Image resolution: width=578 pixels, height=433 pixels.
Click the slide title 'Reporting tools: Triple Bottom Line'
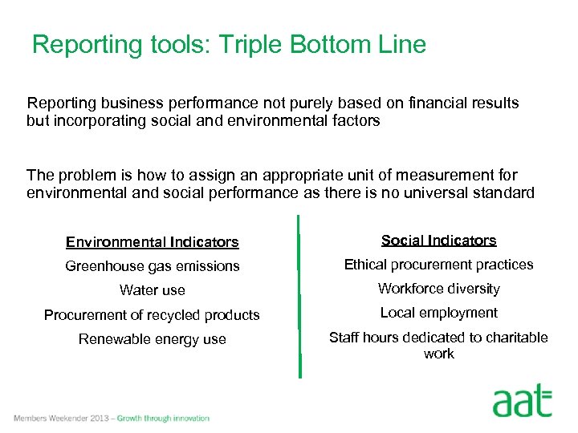coord(229,45)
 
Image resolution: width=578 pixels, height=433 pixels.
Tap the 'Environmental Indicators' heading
coord(152,241)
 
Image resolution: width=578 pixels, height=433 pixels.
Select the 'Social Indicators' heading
coord(438,241)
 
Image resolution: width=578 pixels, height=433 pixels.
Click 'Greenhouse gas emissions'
coord(152,266)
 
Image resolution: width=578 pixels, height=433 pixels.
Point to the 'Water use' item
coord(152,290)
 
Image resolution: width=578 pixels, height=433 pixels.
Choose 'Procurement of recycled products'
coord(152,315)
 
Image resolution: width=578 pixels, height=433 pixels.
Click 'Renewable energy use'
coord(152,339)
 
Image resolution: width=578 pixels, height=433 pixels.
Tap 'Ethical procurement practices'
coord(438,265)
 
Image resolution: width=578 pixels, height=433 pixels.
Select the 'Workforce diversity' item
coord(438,289)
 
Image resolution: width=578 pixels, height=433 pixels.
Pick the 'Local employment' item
coord(438,313)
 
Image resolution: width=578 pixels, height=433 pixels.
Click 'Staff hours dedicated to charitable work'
coord(438,346)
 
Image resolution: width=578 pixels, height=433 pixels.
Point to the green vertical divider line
coord(299,297)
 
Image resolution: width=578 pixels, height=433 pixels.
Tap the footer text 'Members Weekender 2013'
coord(61,418)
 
